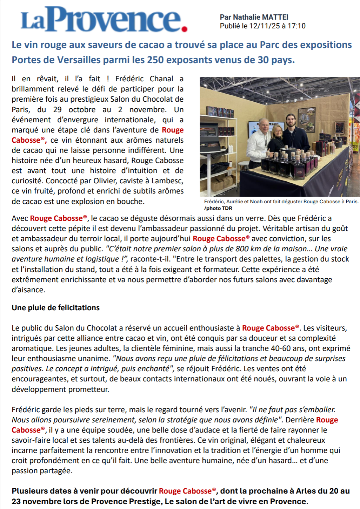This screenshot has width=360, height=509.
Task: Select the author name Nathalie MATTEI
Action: [x=261, y=17]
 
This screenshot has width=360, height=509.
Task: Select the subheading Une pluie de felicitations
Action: [x=55, y=308]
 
